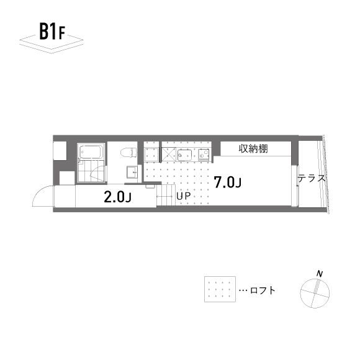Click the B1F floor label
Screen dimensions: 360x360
(x=52, y=32)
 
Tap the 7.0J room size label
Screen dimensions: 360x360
(x=228, y=182)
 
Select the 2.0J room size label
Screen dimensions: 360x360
(x=117, y=197)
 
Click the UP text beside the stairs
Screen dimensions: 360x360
(x=184, y=196)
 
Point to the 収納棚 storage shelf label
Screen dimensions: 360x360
(x=253, y=149)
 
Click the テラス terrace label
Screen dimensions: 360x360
(x=312, y=178)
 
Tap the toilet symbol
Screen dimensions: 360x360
(x=128, y=153)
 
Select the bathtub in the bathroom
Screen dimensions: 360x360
(x=91, y=151)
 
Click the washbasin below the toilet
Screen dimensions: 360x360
(x=132, y=172)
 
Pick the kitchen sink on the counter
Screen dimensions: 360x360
(x=184, y=155)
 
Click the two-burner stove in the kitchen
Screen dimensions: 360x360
(x=204, y=155)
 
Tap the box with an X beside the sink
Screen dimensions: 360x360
(x=169, y=155)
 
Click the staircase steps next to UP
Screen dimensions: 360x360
(x=166, y=195)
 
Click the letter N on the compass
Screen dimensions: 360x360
(x=320, y=274)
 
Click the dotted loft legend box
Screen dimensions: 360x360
(x=220, y=289)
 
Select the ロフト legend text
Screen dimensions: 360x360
(x=263, y=290)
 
